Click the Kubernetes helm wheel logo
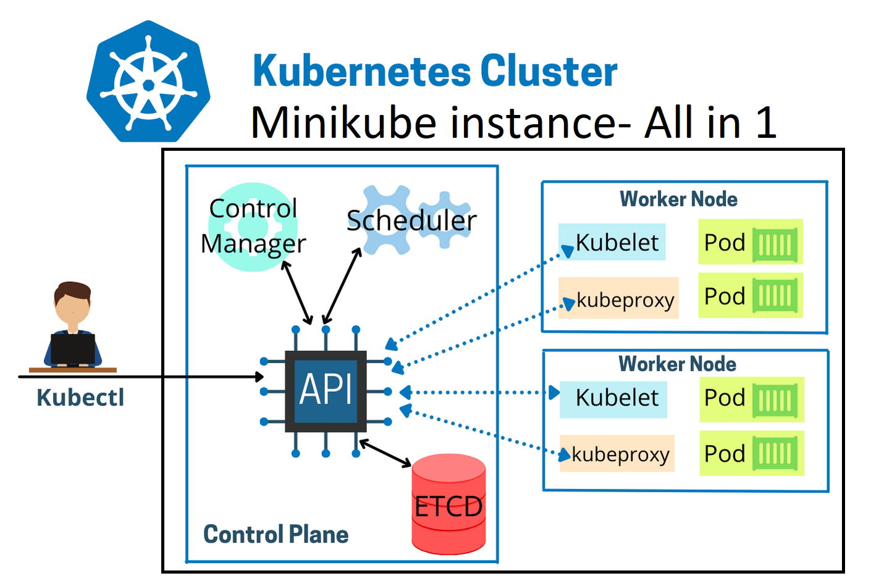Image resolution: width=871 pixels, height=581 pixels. (x=148, y=82)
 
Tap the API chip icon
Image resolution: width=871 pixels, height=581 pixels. (x=326, y=391)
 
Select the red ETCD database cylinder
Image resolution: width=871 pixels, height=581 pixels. (x=448, y=504)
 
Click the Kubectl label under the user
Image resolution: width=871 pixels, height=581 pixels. (x=80, y=397)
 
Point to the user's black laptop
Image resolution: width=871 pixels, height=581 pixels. (x=73, y=349)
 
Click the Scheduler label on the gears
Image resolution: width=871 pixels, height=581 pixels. (x=411, y=221)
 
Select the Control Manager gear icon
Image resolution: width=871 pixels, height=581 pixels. (x=253, y=227)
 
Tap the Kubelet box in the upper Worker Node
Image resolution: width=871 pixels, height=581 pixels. (x=612, y=242)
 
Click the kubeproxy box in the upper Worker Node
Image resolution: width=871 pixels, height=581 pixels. (x=618, y=299)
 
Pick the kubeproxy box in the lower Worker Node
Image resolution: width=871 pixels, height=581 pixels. (x=616, y=454)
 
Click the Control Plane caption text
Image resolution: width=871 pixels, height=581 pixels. (x=276, y=535)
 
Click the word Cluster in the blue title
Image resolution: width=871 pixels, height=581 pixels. (x=549, y=71)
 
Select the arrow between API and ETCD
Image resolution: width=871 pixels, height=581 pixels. (x=385, y=453)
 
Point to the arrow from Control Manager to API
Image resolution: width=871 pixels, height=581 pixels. (x=297, y=292)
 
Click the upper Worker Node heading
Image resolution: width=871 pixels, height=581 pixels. (x=678, y=199)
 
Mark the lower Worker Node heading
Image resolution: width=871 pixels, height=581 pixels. (x=677, y=364)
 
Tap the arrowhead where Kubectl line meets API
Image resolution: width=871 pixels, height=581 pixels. (x=260, y=376)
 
